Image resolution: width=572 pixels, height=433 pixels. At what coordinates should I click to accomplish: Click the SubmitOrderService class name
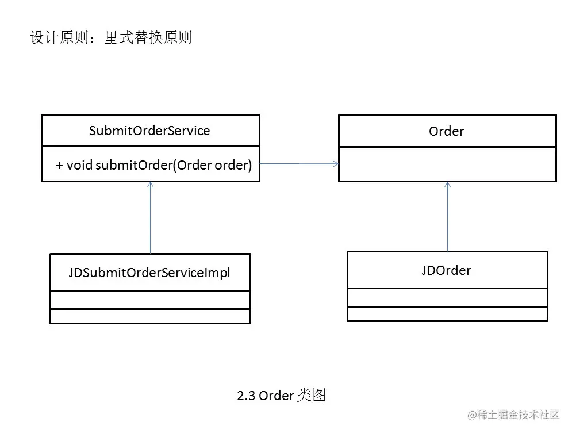pyautogui.click(x=149, y=131)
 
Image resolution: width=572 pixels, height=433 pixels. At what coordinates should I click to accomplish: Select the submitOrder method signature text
pyautogui.click(x=154, y=165)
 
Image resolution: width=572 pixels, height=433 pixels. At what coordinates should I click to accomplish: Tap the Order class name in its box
pyautogui.click(x=446, y=131)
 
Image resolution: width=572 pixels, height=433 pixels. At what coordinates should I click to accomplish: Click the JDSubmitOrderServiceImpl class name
pyautogui.click(x=149, y=273)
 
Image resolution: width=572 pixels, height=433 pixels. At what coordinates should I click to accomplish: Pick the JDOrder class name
pyautogui.click(x=446, y=270)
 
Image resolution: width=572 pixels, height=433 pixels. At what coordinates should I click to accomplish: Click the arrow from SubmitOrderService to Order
pyautogui.click(x=299, y=164)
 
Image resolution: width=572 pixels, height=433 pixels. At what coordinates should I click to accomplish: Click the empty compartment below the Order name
pyautogui.click(x=447, y=164)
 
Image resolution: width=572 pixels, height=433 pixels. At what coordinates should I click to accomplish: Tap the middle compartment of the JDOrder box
pyautogui.click(x=447, y=297)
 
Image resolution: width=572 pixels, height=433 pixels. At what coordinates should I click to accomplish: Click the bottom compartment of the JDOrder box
pyautogui.click(x=447, y=314)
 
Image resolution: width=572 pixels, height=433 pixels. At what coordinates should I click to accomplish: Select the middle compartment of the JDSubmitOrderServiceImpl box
pyautogui.click(x=149, y=300)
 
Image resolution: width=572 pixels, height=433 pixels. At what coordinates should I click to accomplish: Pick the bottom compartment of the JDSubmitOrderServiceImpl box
pyautogui.click(x=149, y=316)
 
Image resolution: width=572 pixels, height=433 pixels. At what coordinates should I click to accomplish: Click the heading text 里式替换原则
pyautogui.click(x=148, y=38)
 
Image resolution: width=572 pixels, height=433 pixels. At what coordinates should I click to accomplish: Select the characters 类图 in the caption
pyautogui.click(x=312, y=396)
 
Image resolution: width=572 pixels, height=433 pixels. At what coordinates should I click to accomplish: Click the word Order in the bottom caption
pyautogui.click(x=276, y=396)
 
